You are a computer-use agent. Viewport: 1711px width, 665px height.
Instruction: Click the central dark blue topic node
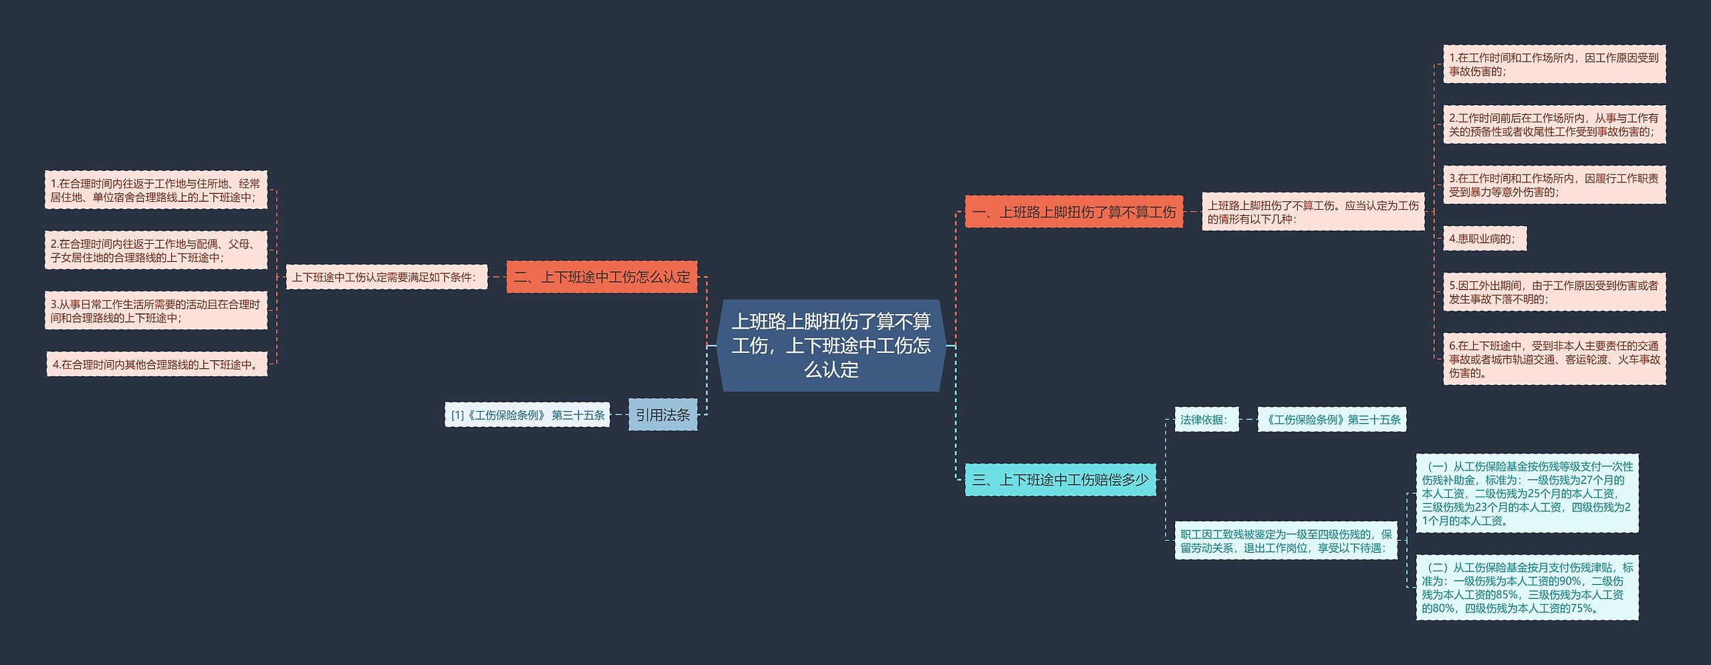831,345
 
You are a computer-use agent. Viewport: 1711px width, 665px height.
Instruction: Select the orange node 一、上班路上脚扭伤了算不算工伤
1073,212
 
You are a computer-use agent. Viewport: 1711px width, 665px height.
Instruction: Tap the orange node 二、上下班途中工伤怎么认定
602,277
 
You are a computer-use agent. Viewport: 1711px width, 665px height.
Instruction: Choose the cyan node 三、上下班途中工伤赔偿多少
1060,479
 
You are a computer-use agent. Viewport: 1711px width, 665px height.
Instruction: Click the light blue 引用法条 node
662,414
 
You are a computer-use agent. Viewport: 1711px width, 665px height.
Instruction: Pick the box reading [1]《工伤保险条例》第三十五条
527,415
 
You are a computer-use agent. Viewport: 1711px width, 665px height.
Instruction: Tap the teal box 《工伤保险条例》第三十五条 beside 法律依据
1331,420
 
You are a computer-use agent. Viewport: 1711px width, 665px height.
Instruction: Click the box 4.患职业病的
1484,239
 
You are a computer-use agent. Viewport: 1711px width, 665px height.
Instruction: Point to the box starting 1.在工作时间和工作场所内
1554,64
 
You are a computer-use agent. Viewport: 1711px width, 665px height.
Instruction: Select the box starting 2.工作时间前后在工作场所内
1554,124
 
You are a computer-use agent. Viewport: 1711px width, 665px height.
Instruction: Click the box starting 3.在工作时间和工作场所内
1554,185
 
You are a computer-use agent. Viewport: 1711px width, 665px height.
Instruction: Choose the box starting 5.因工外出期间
1554,292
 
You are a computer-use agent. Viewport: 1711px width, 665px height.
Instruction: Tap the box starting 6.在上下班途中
1554,359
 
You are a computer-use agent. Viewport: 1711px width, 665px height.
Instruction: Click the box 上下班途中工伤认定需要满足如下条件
386,277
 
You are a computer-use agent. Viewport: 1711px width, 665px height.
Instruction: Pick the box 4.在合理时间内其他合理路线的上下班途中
156,364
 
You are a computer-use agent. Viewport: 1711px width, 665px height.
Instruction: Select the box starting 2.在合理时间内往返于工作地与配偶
156,251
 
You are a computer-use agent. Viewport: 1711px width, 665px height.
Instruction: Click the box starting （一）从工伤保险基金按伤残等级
1527,493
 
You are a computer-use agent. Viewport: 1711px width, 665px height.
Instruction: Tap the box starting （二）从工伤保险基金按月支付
1527,587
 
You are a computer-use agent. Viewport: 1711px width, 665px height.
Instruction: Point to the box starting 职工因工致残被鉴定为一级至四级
1286,541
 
